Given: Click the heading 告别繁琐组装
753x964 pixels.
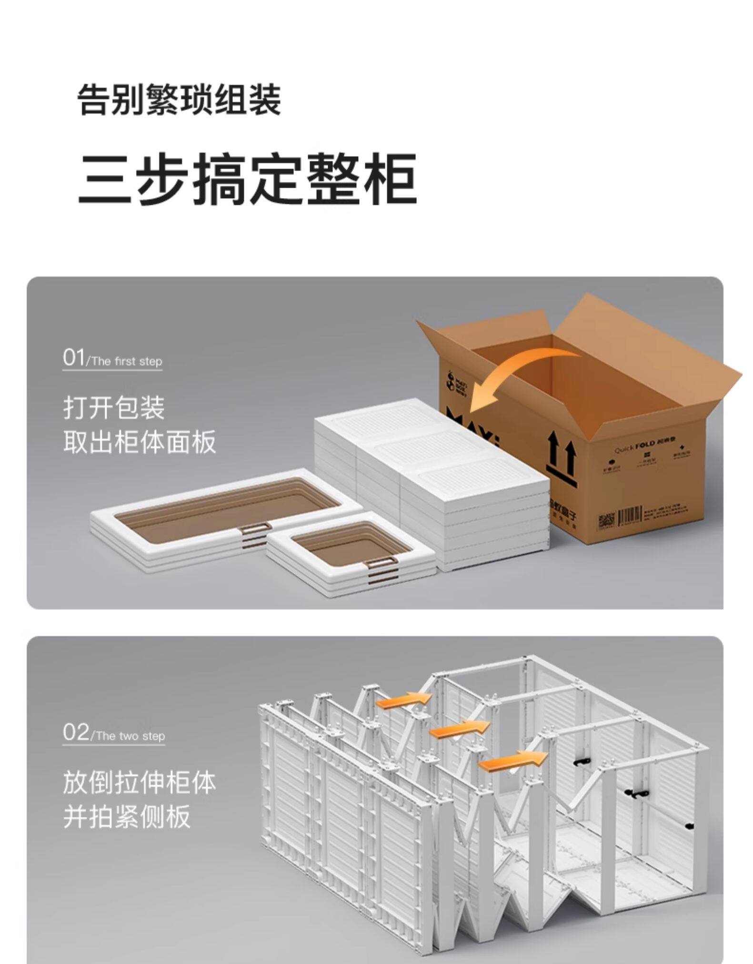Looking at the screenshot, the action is (x=179, y=100).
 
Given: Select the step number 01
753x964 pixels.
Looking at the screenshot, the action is (x=73, y=357).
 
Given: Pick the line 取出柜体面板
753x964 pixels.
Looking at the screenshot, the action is (x=140, y=442).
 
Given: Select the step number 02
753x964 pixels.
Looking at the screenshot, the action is (x=75, y=732).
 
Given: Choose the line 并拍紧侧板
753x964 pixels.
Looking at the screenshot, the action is (x=127, y=816).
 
